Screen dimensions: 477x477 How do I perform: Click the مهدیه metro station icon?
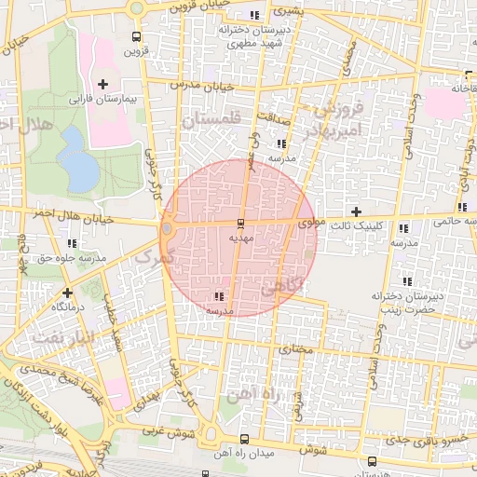pos(241,223)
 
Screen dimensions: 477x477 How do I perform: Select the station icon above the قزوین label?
pos(138,38)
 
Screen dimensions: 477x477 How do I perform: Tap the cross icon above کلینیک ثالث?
pos(354,212)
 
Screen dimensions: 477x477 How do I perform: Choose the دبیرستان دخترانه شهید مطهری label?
pos(250,36)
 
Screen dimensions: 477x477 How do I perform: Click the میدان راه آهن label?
pos(244,453)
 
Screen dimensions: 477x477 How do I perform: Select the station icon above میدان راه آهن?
pos(244,439)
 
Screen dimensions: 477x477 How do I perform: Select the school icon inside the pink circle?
pos(219,296)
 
